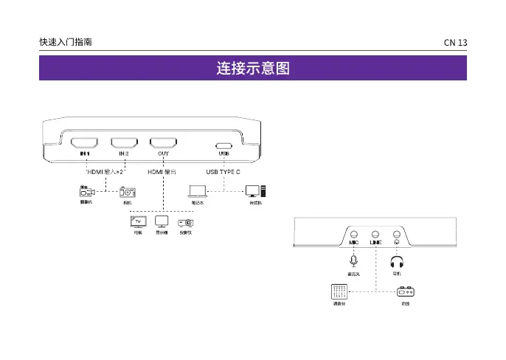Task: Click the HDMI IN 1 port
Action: tap(84, 142)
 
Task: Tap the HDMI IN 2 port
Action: tap(124, 142)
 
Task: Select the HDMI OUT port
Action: tap(163, 142)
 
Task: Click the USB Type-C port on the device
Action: tap(224, 145)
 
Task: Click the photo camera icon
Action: tap(128, 192)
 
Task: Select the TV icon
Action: tap(138, 221)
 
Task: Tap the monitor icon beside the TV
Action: tap(162, 221)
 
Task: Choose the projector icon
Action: tap(185, 221)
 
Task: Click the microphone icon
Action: tap(354, 260)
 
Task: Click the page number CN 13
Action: tap(455, 43)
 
